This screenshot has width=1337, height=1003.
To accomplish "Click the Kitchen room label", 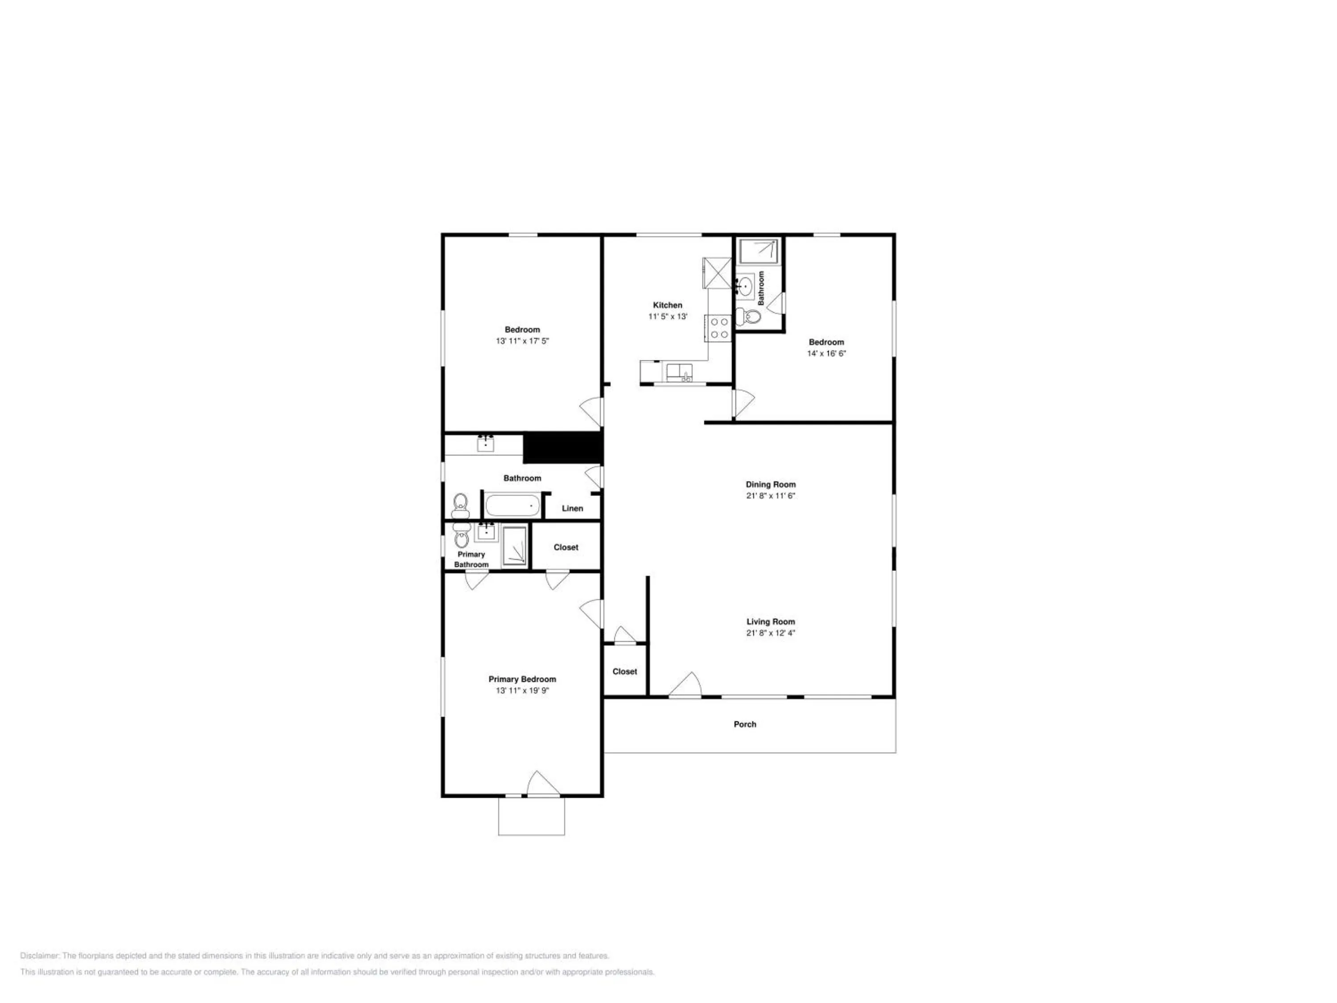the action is point(667,305).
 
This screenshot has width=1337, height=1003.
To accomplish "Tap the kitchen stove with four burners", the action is point(718,328).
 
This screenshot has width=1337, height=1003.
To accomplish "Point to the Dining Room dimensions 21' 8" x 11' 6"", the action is point(770,496).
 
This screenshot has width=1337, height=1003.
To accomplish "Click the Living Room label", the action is point(771,621).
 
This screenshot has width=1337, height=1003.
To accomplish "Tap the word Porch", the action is point(745,724).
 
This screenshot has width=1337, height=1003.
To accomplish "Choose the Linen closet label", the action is point(572,509).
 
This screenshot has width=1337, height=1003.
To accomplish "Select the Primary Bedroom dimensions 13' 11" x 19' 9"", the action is point(522,691).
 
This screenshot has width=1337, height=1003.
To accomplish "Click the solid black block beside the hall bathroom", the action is point(563,448).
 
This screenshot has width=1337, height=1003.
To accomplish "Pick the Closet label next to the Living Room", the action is point(624,672).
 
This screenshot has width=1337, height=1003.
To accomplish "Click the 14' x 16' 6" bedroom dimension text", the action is point(826,354).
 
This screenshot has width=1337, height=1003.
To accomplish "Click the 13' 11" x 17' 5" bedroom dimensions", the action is point(522,341).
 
